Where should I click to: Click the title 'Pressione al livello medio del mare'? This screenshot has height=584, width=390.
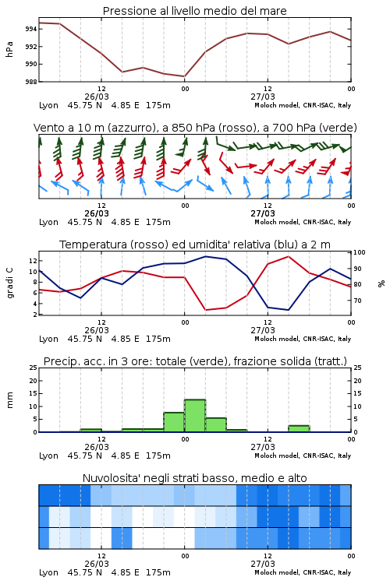(x=194, y=11)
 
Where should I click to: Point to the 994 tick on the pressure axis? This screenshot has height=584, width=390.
(x=31, y=29)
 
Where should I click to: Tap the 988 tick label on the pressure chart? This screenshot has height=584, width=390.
(x=31, y=82)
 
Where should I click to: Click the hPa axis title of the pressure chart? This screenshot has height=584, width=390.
(x=9, y=49)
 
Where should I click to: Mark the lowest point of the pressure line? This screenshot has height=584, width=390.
(x=184, y=76)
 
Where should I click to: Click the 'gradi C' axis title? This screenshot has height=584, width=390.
(x=9, y=283)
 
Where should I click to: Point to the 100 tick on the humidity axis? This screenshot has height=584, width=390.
(x=360, y=252)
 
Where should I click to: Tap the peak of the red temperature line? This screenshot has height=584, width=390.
(x=288, y=256)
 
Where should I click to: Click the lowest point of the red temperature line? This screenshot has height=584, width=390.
(x=205, y=310)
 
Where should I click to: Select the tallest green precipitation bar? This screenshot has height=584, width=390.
(x=195, y=416)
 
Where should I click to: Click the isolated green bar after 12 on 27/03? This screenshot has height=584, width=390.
(x=299, y=429)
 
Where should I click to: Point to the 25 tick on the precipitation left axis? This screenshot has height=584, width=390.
(x=34, y=368)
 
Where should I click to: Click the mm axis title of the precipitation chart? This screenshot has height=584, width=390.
(x=9, y=399)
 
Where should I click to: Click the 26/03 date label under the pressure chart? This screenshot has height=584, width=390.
(x=97, y=97)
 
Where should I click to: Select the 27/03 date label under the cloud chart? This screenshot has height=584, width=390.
(x=263, y=564)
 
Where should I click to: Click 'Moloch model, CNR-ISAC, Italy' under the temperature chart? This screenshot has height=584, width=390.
(x=303, y=339)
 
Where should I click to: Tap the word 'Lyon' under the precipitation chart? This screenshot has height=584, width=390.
(x=48, y=456)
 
